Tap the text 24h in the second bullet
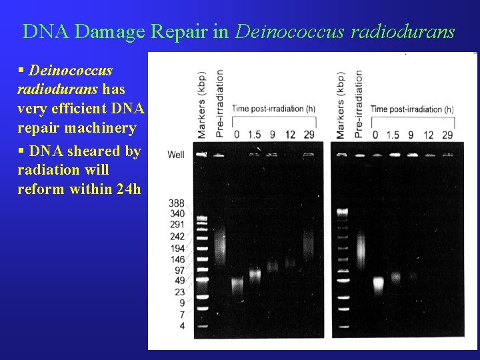tap(128, 189)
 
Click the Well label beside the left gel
tap(176, 155)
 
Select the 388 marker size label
tap(177, 203)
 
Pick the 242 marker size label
tap(177, 237)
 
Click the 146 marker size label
tap(177, 259)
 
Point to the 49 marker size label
tap(179, 281)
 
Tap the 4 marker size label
tap(182, 325)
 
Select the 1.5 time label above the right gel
tap(393, 135)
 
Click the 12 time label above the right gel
tap(429, 135)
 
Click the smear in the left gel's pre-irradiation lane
tap(221, 240)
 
